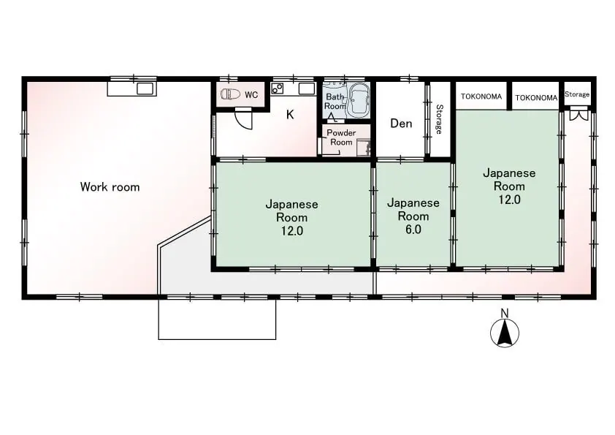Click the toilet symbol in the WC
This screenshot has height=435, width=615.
click(x=230, y=94)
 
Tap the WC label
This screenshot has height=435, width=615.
click(x=251, y=94)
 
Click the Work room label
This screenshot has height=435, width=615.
click(x=110, y=187)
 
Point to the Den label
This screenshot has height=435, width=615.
click(x=401, y=124)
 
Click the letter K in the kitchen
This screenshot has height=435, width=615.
click(x=290, y=115)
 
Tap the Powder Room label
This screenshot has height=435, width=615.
click(x=341, y=137)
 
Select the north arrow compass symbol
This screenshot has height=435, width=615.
click(x=505, y=333)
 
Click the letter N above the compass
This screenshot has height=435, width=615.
click(x=505, y=314)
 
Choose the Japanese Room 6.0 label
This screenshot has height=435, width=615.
click(x=413, y=216)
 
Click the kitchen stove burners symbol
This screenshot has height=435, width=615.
click(x=278, y=88)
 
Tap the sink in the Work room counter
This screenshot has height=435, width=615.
click(x=145, y=89)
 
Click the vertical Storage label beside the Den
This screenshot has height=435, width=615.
click(x=439, y=119)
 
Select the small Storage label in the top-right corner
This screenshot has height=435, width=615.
click(x=577, y=94)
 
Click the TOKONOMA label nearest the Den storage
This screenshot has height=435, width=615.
click(x=481, y=97)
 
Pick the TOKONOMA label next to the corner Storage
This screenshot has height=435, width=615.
click(x=536, y=98)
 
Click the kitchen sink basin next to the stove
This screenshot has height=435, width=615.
click(x=307, y=88)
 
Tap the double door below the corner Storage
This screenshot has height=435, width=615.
click(x=579, y=116)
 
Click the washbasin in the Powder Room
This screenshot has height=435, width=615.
click(x=364, y=147)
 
